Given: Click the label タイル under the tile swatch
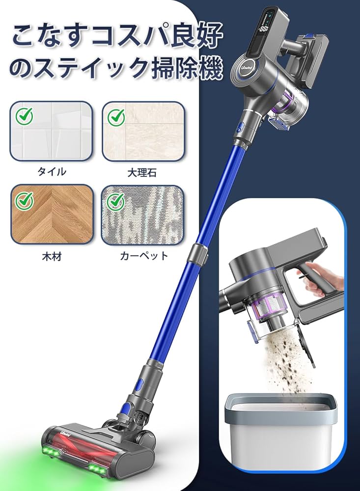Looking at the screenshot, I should tap(52, 171).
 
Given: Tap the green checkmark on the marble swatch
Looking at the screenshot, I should tap(116, 116).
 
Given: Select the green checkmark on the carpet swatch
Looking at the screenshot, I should tap(116, 200).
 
